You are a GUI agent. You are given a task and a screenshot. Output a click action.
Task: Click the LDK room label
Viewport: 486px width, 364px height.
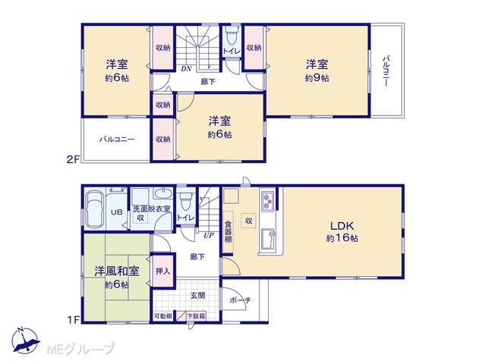coord(342,226)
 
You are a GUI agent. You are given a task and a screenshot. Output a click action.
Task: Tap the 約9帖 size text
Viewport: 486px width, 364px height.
coord(317,78)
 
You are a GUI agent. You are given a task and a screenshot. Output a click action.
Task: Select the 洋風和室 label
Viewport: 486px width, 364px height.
coord(116,271)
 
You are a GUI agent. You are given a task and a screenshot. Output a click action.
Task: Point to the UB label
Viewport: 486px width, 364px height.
coord(116,212)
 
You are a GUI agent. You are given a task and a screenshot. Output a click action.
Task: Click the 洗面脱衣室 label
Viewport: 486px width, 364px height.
coord(152,209)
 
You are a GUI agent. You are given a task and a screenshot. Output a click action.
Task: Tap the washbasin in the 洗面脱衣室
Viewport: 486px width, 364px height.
coord(163,194)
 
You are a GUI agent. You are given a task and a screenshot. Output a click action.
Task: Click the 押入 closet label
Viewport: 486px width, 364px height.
coord(163,271)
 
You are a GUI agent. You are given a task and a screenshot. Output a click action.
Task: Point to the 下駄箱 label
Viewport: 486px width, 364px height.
coord(196,316)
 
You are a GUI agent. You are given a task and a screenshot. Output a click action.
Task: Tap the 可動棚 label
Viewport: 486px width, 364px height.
coord(163,316)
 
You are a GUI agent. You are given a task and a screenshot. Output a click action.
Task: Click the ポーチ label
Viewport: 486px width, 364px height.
coord(241,300)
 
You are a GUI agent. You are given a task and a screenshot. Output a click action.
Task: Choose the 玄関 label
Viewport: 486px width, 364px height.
coord(197,296)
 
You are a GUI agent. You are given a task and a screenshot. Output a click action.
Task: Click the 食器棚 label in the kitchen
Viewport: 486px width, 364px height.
coord(228,231)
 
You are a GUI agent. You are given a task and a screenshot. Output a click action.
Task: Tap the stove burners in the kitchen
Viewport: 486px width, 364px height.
coord(267,201)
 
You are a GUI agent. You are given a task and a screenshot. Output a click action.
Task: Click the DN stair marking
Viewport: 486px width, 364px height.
coord(186,69)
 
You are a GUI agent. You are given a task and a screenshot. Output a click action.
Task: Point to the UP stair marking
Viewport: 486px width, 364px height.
coord(209,235)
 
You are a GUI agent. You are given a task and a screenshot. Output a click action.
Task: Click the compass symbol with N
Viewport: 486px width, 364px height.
coord(26,340)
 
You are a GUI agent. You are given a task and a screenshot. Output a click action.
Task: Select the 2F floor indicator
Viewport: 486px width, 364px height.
coord(74,159)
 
